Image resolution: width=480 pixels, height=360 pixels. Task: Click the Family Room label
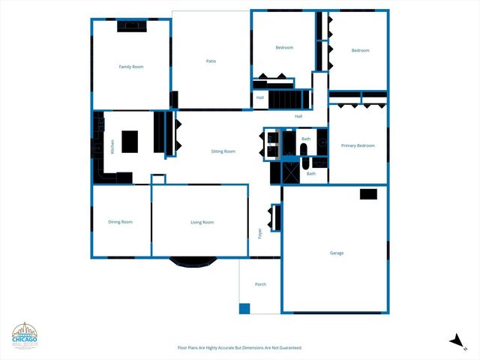click(x=131, y=67)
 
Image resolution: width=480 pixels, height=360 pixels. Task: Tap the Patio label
click(x=211, y=61)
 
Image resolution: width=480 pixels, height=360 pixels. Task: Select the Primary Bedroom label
click(x=358, y=145)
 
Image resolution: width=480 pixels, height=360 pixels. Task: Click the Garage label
click(x=337, y=253)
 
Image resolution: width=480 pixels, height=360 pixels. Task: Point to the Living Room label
click(x=202, y=222)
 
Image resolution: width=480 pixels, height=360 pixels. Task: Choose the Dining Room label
click(x=120, y=222)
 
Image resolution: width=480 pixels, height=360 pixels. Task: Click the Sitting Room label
click(x=223, y=151)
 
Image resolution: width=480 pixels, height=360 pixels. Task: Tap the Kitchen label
click(x=113, y=147)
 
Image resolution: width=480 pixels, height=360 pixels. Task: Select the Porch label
click(x=260, y=284)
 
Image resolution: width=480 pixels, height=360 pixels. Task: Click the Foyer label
click(x=260, y=233)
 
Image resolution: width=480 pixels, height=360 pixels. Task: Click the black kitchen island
click(x=130, y=141)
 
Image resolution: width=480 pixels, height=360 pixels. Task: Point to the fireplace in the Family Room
click(x=132, y=26)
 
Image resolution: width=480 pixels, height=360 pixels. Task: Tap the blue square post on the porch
click(x=244, y=308)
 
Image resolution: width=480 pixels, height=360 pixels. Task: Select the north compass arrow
click(x=457, y=340)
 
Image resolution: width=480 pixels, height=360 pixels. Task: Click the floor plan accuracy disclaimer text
click(x=239, y=348)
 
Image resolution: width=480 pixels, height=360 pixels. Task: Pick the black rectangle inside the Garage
click(x=368, y=193)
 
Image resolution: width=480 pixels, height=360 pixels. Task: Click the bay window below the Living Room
click(x=193, y=262)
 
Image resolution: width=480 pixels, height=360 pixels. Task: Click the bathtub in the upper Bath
click(x=305, y=151)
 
